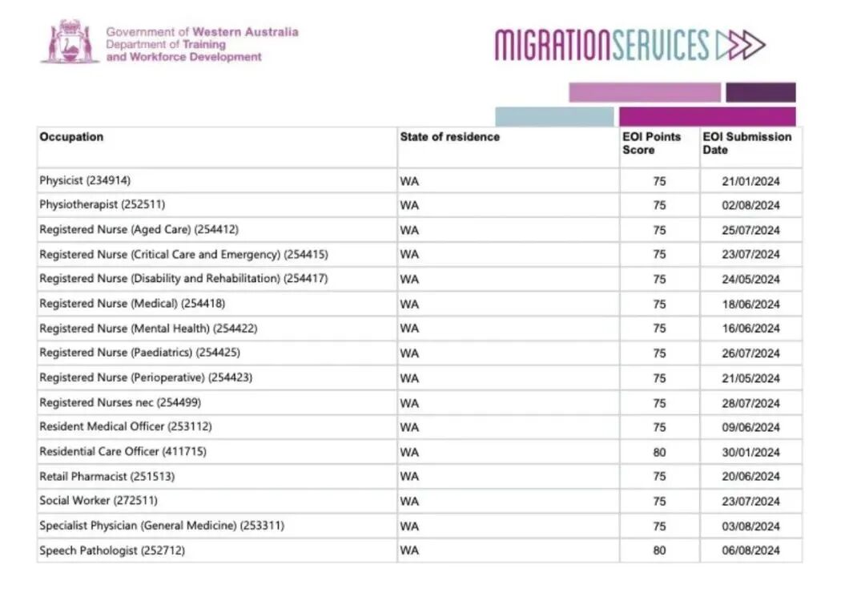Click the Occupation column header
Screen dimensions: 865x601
point(71,137)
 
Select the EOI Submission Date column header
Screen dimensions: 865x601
point(746,143)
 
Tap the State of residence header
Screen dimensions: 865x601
point(449,137)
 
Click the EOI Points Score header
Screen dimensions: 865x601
point(651,143)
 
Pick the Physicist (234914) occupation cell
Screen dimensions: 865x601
point(85,180)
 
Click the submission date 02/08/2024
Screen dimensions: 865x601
point(750,205)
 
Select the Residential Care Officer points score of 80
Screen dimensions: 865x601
point(659,453)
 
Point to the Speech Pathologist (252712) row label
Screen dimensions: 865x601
point(112,551)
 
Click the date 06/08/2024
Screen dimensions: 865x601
point(750,551)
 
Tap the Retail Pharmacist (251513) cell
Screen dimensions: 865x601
point(107,476)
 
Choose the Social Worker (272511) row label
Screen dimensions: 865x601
point(99,501)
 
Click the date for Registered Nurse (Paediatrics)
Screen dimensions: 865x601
point(750,353)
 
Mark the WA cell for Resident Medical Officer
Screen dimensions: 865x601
point(409,427)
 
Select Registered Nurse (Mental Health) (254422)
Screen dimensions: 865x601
point(148,329)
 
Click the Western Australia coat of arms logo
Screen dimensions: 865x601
point(70,42)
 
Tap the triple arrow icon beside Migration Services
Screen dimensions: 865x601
point(741,45)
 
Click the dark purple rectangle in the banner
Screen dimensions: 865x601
point(761,92)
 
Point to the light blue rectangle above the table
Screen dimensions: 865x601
point(554,117)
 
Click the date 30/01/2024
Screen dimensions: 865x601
point(750,453)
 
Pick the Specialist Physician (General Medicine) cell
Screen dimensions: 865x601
point(162,526)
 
